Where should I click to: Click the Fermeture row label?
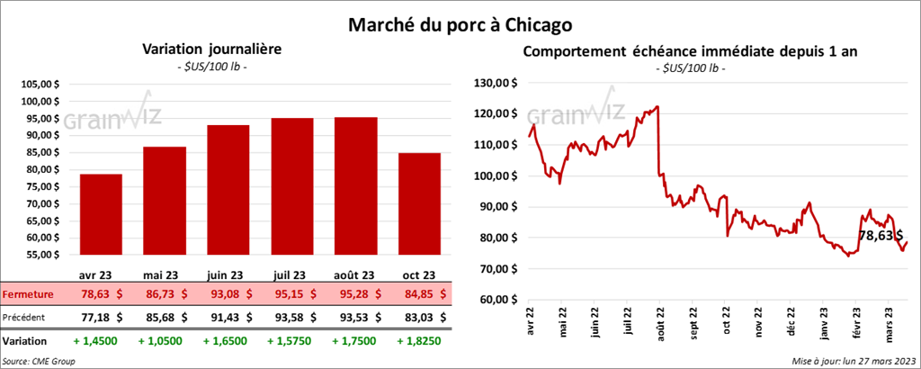[x=27, y=294]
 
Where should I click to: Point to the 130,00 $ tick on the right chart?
[x=496, y=83]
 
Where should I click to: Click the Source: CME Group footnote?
[x=39, y=360]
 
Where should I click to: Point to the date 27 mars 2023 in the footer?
[x=886, y=360]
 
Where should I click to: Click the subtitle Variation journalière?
[x=207, y=50]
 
